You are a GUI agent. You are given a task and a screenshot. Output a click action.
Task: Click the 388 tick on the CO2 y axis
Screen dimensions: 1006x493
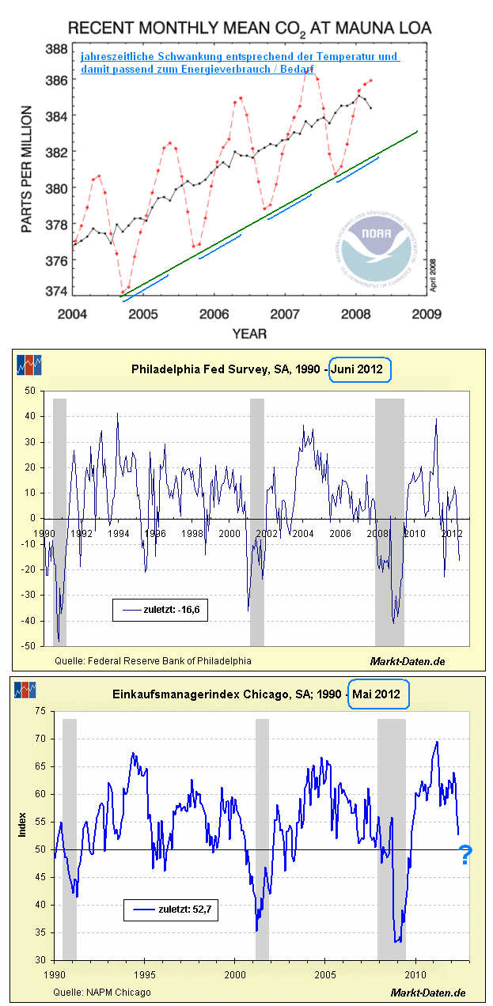point(55,48)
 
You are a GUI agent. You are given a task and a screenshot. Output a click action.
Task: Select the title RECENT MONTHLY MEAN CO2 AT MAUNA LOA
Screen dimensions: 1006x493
point(249,28)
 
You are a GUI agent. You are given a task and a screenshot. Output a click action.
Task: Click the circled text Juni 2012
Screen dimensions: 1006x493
point(360,369)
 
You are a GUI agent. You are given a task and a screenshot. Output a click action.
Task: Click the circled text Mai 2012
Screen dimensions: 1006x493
point(380,695)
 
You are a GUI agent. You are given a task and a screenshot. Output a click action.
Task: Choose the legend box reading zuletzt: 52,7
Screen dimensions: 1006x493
point(170,910)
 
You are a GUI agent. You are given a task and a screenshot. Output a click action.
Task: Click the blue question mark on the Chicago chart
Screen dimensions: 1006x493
point(465,855)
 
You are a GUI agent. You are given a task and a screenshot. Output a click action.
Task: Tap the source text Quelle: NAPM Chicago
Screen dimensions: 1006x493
point(102,992)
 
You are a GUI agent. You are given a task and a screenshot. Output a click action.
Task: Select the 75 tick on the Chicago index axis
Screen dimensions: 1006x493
point(40,711)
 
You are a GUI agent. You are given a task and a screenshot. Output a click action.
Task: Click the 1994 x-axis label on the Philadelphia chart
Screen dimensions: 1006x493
point(119,534)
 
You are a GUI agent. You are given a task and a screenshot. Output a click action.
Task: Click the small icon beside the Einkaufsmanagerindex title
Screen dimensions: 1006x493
point(28,690)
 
